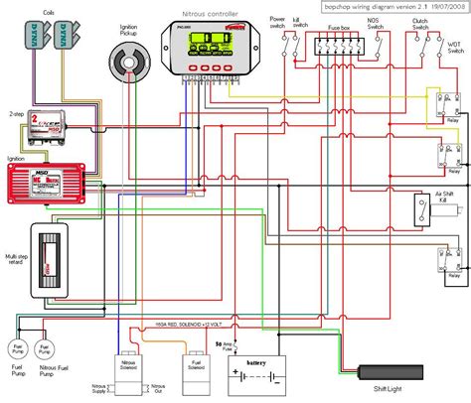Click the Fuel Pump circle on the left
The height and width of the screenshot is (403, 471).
[x=18, y=323]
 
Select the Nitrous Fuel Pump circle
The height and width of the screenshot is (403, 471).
[x=44, y=323]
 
